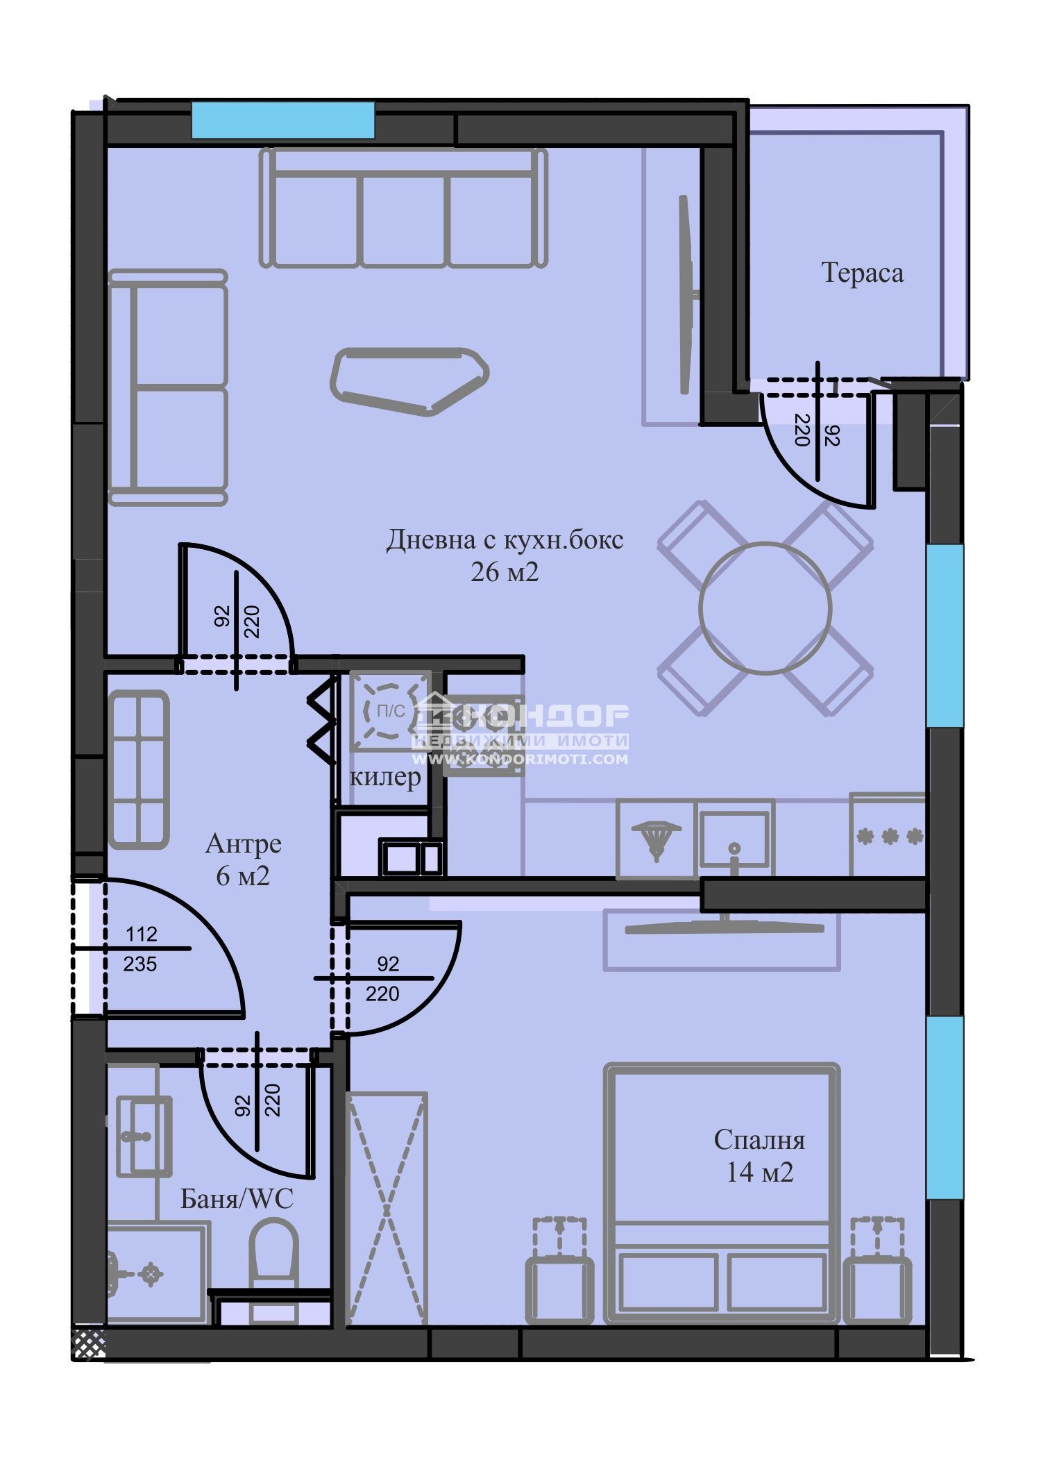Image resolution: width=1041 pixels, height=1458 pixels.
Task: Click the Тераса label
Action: click(863, 273)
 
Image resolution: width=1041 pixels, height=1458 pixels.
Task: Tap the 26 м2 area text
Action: click(505, 572)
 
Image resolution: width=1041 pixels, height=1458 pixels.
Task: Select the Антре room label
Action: click(244, 844)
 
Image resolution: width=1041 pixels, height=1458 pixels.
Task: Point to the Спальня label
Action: click(759, 1140)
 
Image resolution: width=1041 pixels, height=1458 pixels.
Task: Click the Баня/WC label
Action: click(237, 1198)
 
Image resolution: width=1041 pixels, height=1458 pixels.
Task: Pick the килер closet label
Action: click(385, 777)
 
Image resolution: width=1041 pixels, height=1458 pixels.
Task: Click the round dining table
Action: click(765, 608)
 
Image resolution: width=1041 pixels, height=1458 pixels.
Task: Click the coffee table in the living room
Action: click(409, 381)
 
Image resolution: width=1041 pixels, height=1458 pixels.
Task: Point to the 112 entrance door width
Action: click(142, 934)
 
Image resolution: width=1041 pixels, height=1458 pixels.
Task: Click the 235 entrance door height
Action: click(140, 964)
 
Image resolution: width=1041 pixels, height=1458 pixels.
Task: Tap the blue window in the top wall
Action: click(283, 120)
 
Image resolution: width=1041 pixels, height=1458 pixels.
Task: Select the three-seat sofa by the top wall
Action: click(403, 208)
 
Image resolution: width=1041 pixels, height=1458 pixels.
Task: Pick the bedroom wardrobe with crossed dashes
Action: click(386, 1209)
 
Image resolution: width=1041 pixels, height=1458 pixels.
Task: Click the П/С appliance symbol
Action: click(390, 711)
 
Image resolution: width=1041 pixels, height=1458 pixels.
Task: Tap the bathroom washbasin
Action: click(144, 1137)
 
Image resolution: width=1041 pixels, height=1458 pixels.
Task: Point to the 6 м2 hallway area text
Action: click(243, 876)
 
